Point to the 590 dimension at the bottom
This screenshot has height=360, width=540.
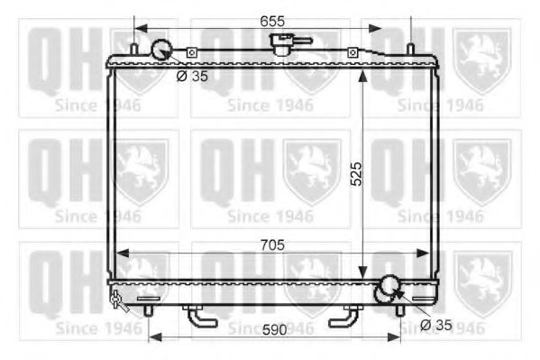tap(274, 330)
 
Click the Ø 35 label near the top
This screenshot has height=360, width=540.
tap(191, 76)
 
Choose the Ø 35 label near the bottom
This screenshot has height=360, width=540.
tap(437, 324)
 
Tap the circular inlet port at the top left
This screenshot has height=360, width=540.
tap(162, 49)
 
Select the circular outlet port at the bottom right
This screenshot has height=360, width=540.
tap(388, 287)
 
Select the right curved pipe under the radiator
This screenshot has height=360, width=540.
tap(346, 318)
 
